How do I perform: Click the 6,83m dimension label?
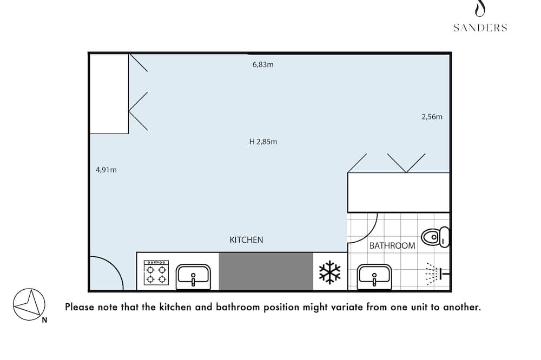263,64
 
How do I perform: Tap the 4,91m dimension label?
106,170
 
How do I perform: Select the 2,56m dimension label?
432,117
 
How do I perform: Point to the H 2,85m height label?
263,142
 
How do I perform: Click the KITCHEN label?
246,240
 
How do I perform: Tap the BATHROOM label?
392,245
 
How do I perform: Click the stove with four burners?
156,273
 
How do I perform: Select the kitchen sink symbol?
193,277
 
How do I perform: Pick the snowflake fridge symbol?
330,272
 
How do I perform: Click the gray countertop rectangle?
266,271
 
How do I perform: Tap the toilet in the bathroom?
436,237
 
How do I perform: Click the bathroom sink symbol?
374,277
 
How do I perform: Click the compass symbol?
29,304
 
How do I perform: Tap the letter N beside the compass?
44,320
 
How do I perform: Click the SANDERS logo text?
480,28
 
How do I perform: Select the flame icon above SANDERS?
480,8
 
